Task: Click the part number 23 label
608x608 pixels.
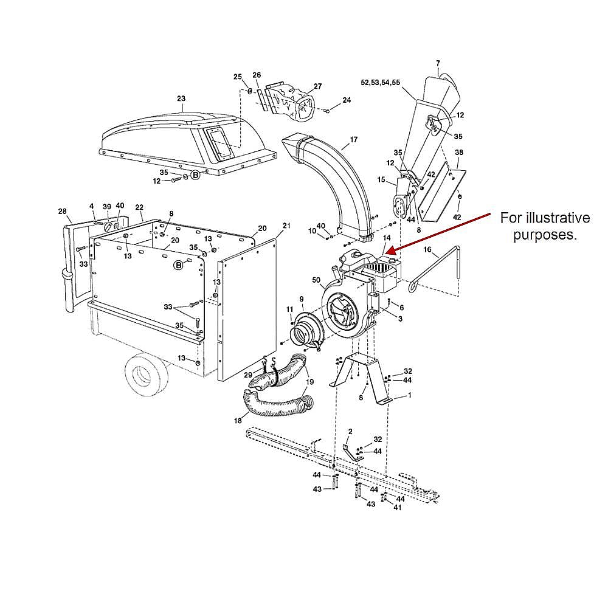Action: click(181, 98)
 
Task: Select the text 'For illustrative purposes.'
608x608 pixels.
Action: click(544, 226)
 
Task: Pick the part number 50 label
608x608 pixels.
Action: click(316, 279)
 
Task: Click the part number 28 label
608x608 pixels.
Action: click(62, 212)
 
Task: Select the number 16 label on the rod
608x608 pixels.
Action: click(427, 250)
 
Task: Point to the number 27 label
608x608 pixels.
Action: click(317, 86)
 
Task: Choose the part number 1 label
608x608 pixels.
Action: click(409, 395)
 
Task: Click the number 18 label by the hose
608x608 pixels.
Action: click(237, 421)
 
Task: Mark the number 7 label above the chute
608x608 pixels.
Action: click(438, 63)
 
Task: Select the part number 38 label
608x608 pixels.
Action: click(459, 152)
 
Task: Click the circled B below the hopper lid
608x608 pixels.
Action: click(196, 175)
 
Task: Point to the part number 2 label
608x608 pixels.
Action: click(350, 431)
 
